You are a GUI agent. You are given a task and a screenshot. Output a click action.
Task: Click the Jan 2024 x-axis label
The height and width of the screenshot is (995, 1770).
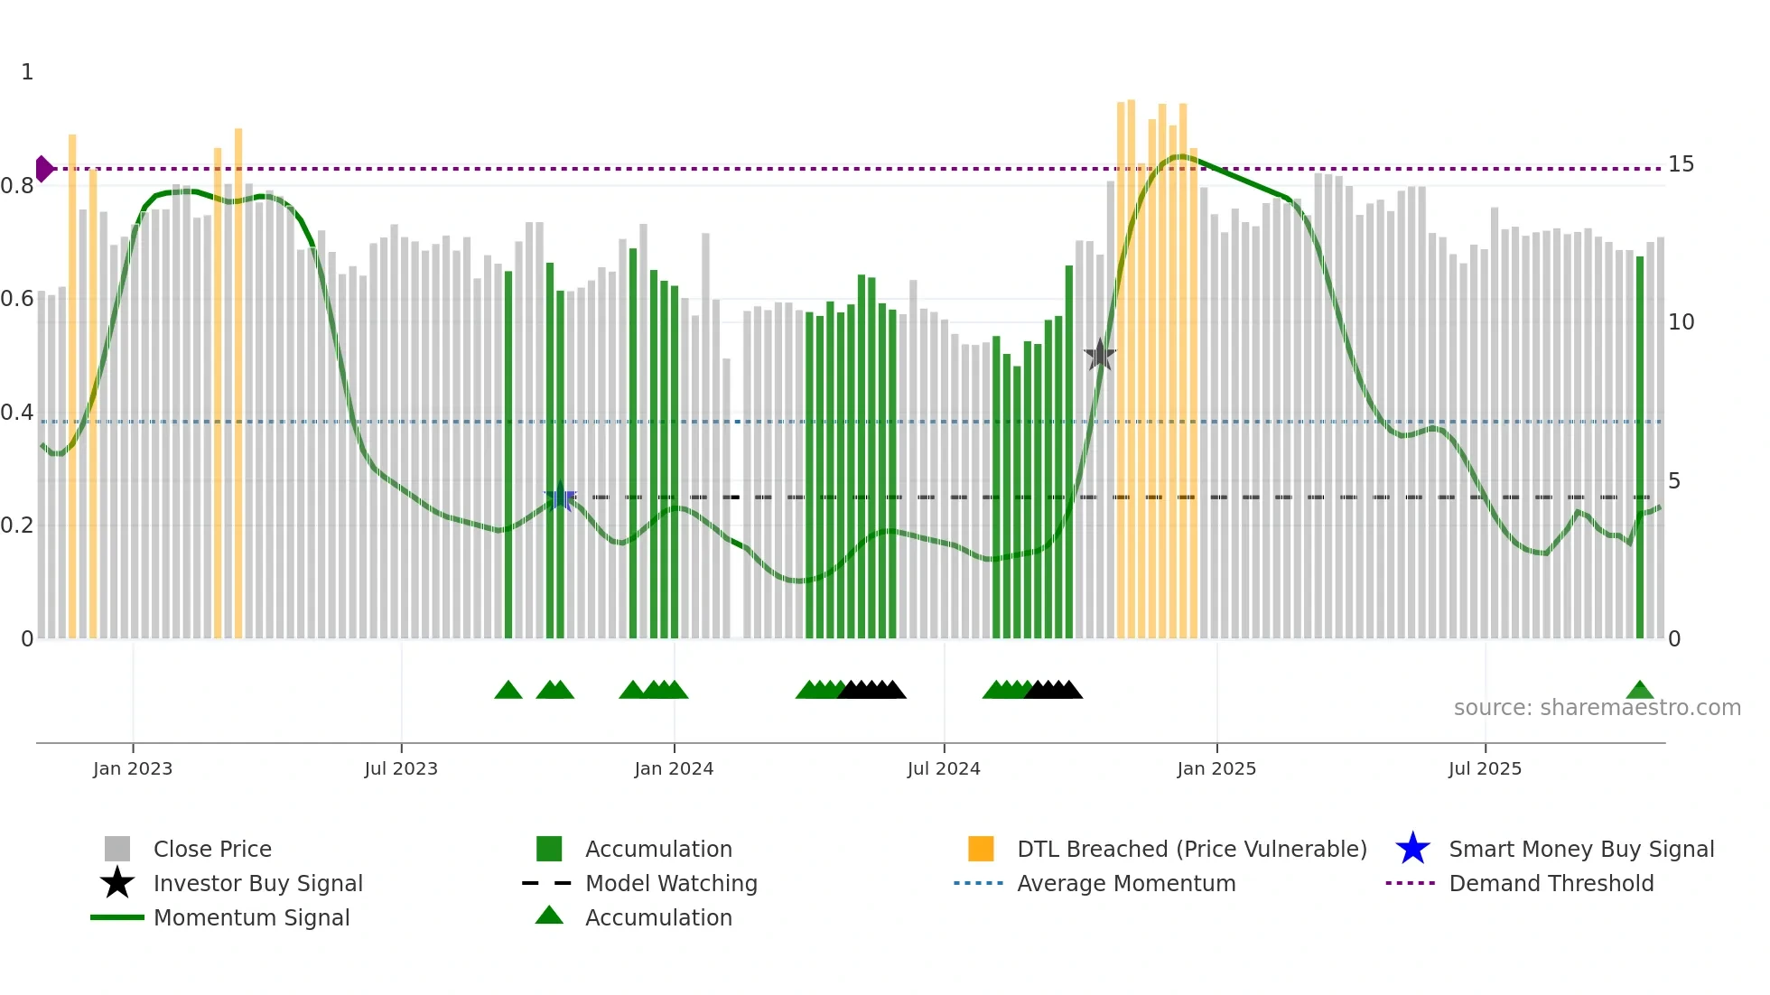coord(674,768)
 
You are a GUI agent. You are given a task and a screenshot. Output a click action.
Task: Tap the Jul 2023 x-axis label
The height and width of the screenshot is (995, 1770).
coord(401,768)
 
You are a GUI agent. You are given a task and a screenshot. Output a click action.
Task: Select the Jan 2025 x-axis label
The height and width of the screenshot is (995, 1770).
coord(1216,768)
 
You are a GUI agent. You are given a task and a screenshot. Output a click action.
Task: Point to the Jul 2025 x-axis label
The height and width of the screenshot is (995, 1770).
coord(1485,768)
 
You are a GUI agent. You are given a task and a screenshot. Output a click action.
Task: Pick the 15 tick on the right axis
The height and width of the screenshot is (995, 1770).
coord(1681,164)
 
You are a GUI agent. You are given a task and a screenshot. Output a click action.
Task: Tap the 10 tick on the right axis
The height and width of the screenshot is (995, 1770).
coord(1681,322)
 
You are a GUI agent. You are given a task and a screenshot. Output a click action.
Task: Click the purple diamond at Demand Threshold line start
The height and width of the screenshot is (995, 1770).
coord(43,169)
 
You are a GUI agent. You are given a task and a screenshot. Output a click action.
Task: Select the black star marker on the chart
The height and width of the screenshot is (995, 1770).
coord(1100,356)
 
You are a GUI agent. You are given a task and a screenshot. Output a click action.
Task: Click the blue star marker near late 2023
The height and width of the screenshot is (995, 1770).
coord(560,497)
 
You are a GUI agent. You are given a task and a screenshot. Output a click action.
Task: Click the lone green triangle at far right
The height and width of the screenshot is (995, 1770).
coord(1640,691)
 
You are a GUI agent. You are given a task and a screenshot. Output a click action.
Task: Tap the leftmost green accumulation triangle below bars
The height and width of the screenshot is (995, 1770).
coord(508,691)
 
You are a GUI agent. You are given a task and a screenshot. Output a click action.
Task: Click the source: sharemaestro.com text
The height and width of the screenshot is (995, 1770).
coord(1597,708)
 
